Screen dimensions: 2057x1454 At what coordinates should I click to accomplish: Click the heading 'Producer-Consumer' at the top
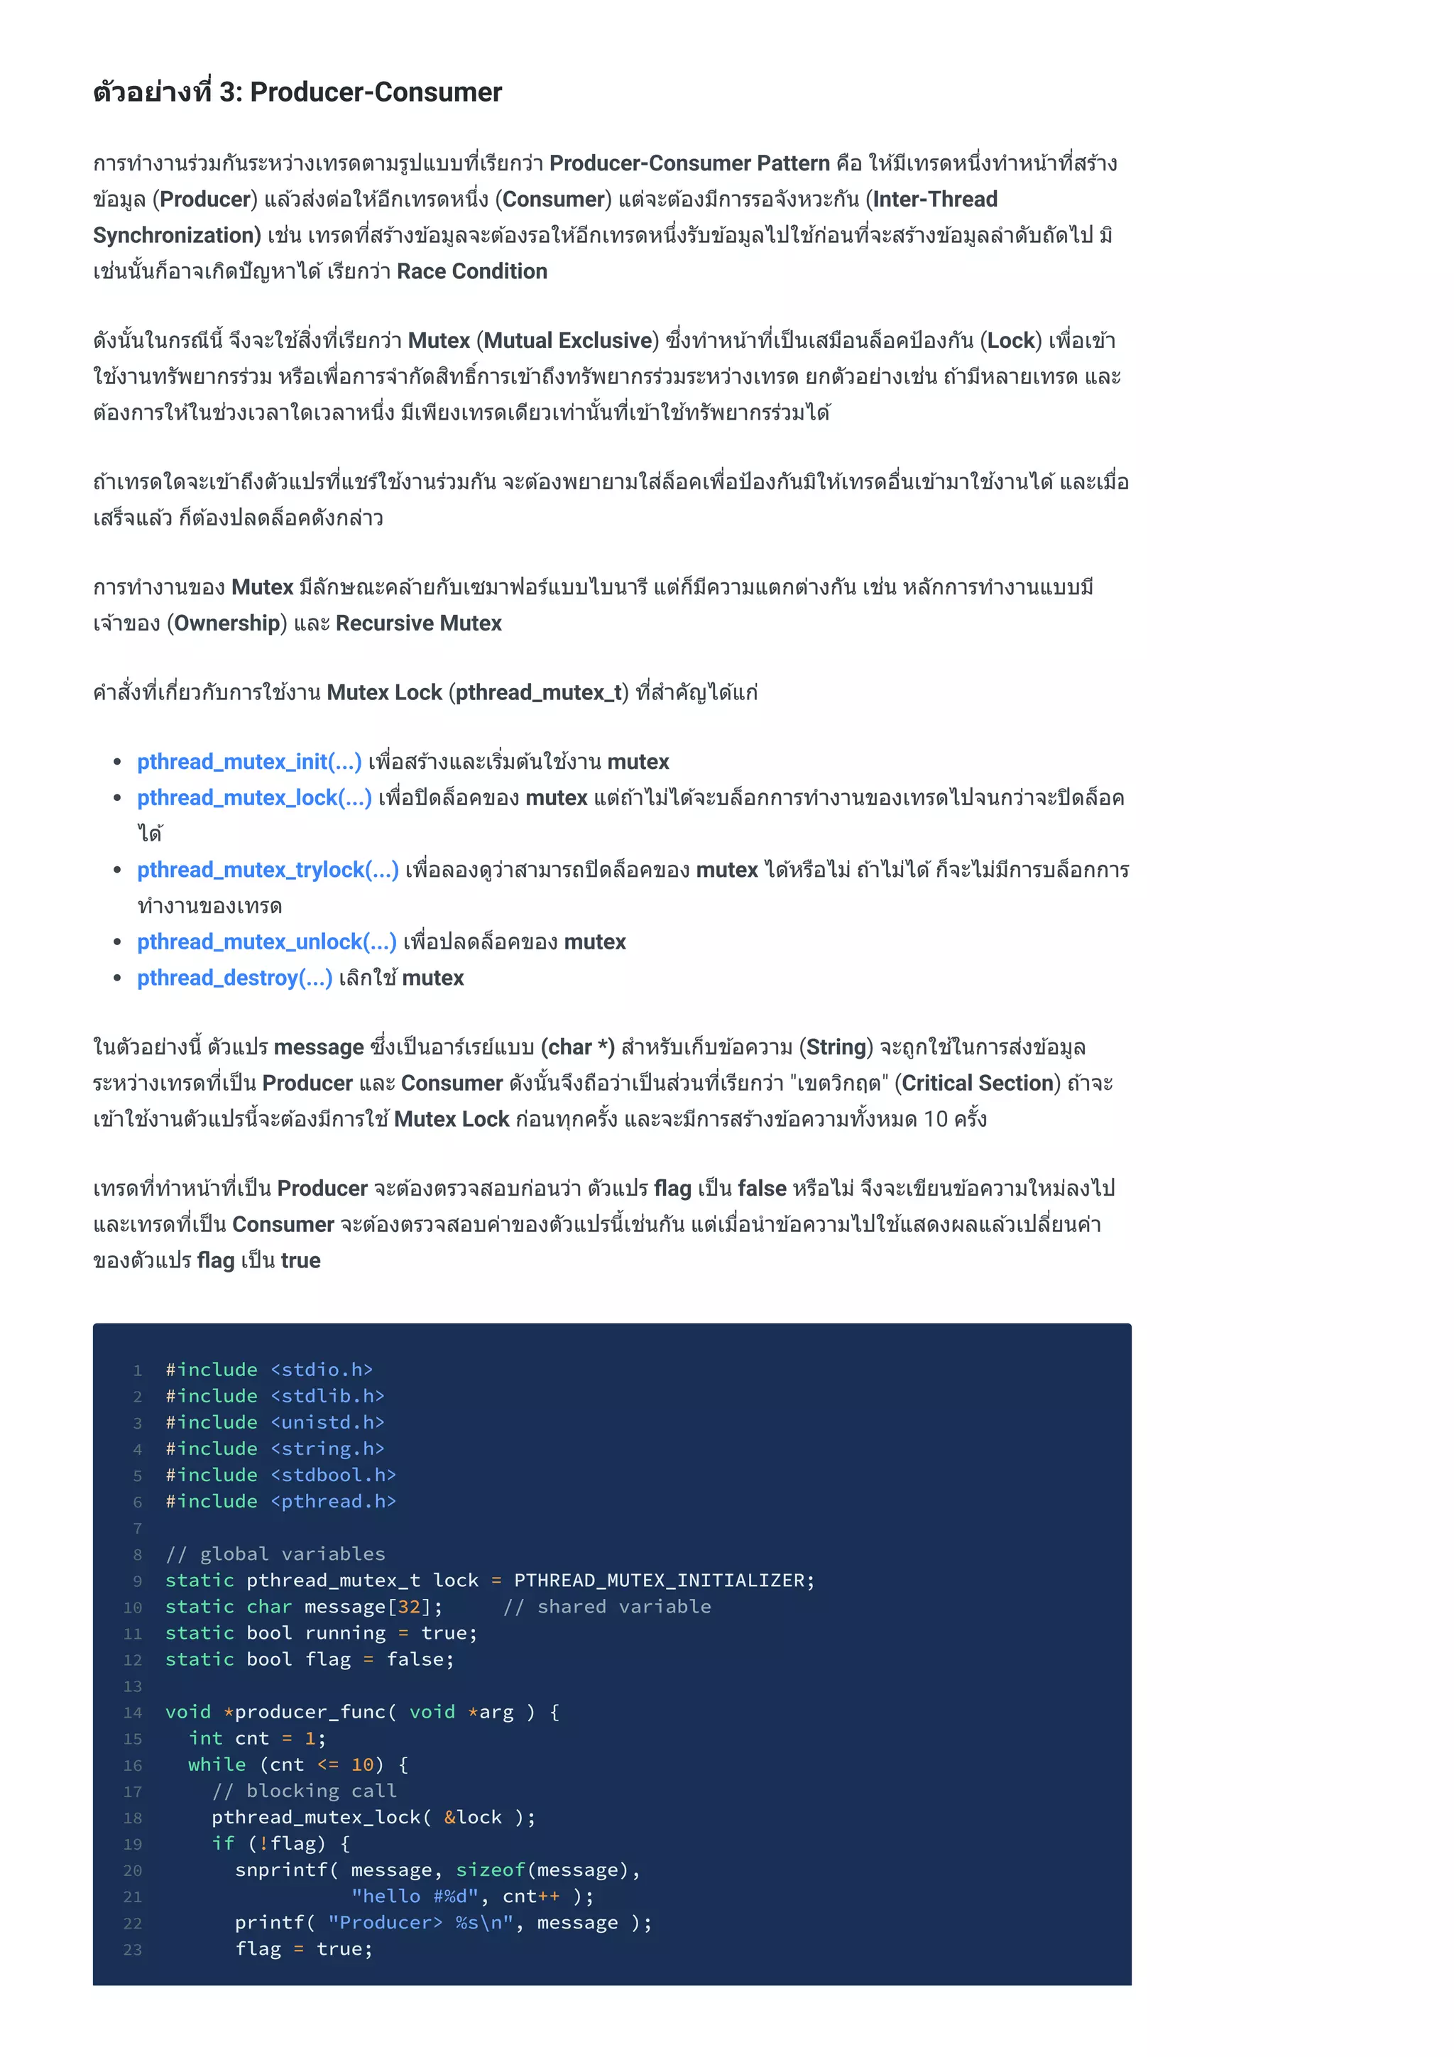click(x=376, y=92)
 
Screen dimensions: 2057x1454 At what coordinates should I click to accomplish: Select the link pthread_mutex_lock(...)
click(x=253, y=797)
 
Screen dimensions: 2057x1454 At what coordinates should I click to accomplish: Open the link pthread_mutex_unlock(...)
click(x=266, y=942)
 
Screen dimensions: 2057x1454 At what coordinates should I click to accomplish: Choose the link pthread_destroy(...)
click(x=234, y=978)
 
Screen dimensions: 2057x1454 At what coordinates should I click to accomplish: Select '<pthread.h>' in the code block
click(x=333, y=1502)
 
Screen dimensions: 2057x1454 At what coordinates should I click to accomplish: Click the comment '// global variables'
click(x=275, y=1554)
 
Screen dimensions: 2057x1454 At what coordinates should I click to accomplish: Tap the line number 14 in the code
click(x=133, y=1713)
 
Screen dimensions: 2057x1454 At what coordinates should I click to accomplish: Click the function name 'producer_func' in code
click(x=310, y=1712)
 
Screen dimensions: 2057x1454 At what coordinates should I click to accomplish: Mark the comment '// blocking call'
click(x=304, y=1791)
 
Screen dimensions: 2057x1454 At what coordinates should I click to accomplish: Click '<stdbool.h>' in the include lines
click(x=333, y=1475)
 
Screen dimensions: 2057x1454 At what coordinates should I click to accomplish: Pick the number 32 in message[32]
click(x=410, y=1606)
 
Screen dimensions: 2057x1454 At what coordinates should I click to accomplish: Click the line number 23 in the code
click(x=133, y=1950)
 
